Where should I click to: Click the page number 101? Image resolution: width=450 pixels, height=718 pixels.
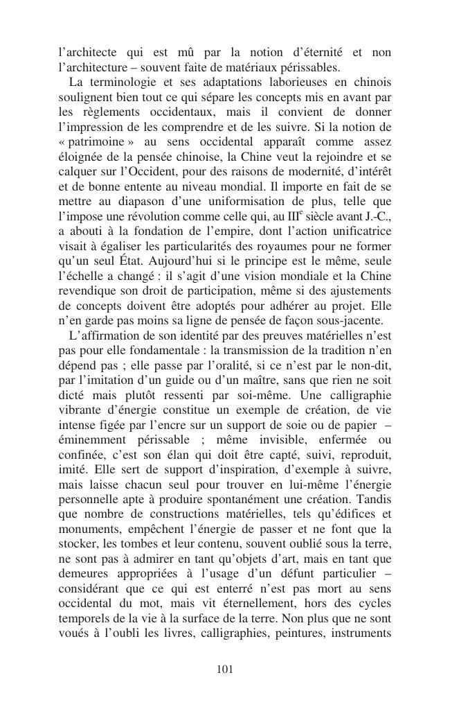pyautogui.click(x=224, y=669)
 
